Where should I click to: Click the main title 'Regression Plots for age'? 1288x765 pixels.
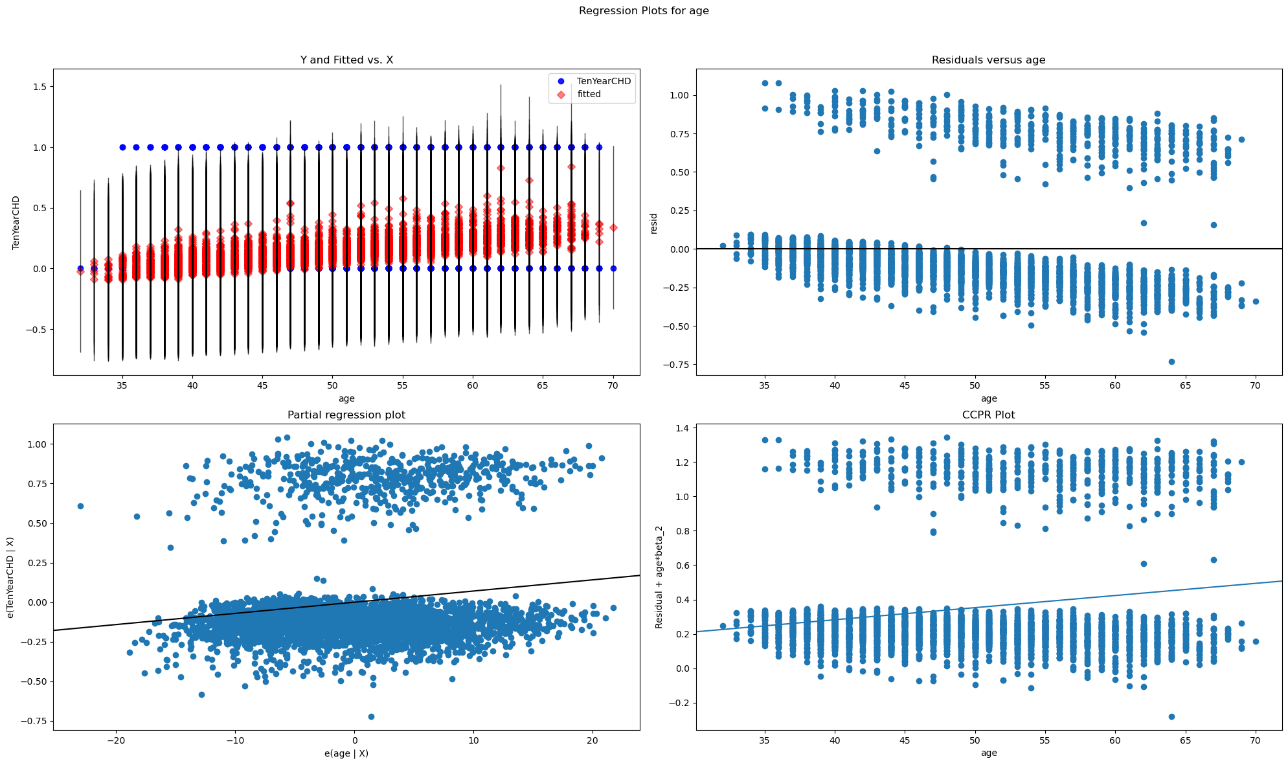(x=644, y=11)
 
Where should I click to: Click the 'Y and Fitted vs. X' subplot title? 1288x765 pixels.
(x=346, y=60)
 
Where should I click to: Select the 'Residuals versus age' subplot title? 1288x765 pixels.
(x=988, y=60)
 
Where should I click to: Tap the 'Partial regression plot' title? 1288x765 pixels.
(x=346, y=415)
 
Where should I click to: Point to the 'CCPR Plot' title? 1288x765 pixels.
(x=988, y=415)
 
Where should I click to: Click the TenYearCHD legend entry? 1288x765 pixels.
(x=604, y=81)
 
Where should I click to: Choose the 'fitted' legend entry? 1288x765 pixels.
(x=589, y=94)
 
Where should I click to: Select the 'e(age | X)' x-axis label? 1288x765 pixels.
(x=346, y=753)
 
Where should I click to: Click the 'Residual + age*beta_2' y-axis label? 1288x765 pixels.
(x=659, y=578)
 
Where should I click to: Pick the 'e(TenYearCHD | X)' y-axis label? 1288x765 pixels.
(x=12, y=578)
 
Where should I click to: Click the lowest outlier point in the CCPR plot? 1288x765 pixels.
(x=1171, y=716)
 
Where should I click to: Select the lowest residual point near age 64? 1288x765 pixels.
(x=1171, y=361)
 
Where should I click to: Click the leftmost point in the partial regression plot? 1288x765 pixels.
(x=80, y=506)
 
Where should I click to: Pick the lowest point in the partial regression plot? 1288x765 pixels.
(x=371, y=716)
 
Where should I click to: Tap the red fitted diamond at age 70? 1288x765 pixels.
(x=613, y=227)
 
